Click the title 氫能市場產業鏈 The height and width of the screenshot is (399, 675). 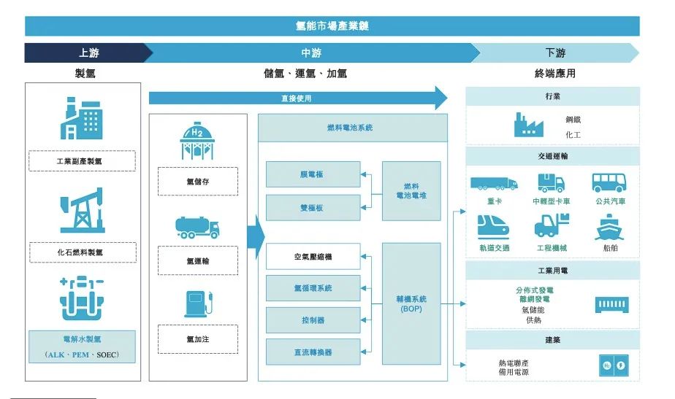[332, 26]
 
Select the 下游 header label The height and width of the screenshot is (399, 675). [554, 53]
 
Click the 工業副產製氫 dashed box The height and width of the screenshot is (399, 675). [82, 160]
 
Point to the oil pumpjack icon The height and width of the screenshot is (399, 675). [82, 211]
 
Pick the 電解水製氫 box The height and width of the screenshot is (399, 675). [82, 346]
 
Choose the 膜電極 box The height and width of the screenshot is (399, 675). [313, 174]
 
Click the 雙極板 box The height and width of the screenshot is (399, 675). [313, 208]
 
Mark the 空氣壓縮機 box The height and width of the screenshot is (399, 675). [313, 257]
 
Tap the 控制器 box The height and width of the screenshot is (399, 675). [313, 320]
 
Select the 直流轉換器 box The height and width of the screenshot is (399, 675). [313, 352]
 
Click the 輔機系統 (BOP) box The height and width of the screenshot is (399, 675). [411, 303]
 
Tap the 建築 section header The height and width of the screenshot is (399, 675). [552, 340]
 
